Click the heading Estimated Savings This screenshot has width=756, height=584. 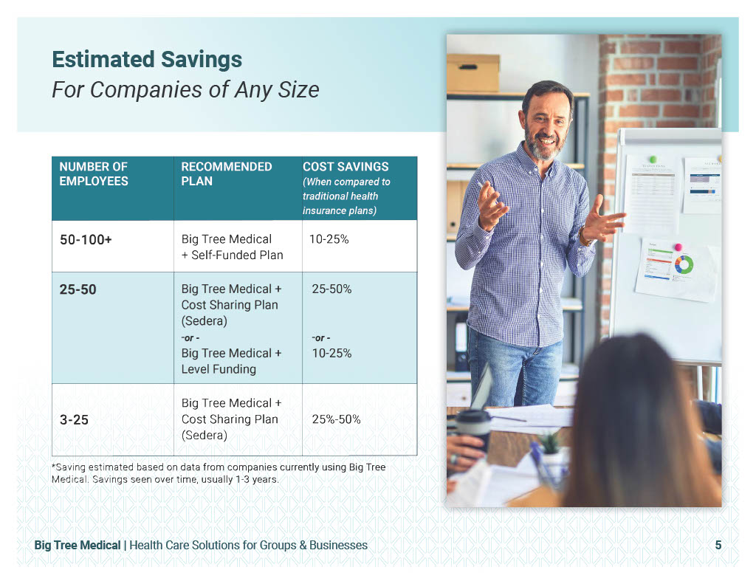(x=147, y=60)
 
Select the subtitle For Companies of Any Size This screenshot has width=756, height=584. (x=185, y=89)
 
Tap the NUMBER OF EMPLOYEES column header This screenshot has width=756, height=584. (x=94, y=174)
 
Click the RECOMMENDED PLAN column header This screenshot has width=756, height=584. (x=227, y=174)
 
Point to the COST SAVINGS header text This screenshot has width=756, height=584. (x=346, y=166)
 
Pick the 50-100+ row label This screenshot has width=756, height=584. (x=86, y=240)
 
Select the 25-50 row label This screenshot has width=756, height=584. (x=78, y=289)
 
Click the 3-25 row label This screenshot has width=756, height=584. (x=75, y=419)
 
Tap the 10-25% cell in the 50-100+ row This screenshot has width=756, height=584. (x=329, y=239)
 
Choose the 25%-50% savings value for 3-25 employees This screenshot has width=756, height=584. (x=336, y=419)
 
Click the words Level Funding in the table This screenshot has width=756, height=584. (x=219, y=369)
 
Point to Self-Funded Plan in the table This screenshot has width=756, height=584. (x=237, y=255)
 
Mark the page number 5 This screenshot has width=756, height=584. (x=718, y=545)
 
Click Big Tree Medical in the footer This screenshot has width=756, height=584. (x=78, y=545)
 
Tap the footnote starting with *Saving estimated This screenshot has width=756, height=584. (x=219, y=473)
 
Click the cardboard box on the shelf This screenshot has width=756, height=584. (x=473, y=73)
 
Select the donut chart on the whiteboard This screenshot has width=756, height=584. (x=684, y=264)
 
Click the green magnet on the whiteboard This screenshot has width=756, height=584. (x=653, y=159)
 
